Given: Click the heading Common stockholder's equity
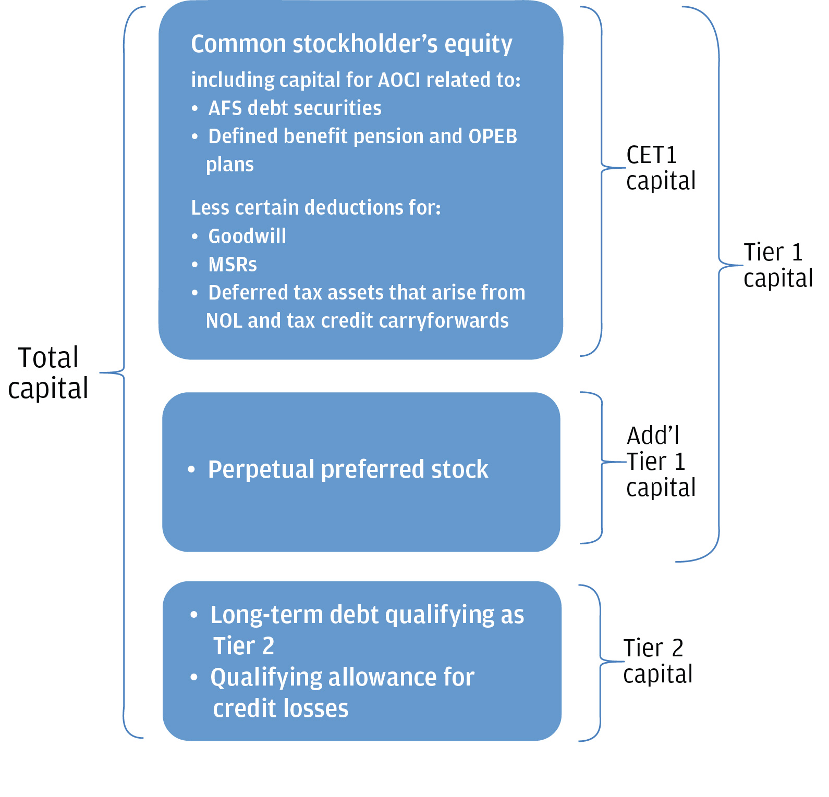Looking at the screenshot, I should pyautogui.click(x=351, y=44).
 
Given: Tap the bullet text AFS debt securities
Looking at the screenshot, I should pyautogui.click(x=295, y=108).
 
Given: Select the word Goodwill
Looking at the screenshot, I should pyautogui.click(x=247, y=236).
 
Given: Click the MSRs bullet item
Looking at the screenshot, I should pyautogui.click(x=233, y=265).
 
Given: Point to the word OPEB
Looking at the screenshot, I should pyautogui.click(x=493, y=136).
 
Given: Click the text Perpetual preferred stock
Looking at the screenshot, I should pyautogui.click(x=348, y=470).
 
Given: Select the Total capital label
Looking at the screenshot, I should pyautogui.click(x=48, y=373).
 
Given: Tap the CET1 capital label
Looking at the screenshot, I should pyautogui.click(x=661, y=168).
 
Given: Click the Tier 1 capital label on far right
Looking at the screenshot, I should pyautogui.click(x=777, y=266).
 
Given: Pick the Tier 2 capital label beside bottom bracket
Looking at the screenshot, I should pyautogui.click(x=657, y=662).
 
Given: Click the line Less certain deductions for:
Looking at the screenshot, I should pyautogui.click(x=315, y=208).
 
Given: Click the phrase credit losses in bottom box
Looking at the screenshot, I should pyautogui.click(x=281, y=709).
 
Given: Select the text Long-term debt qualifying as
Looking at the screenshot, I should pyautogui.click(x=367, y=615).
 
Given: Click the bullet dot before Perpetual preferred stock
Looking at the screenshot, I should pyautogui.click(x=191, y=470).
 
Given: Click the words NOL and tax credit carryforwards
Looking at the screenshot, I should pyautogui.click(x=357, y=321).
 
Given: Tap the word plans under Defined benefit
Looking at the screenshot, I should pyautogui.click(x=229, y=165).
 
